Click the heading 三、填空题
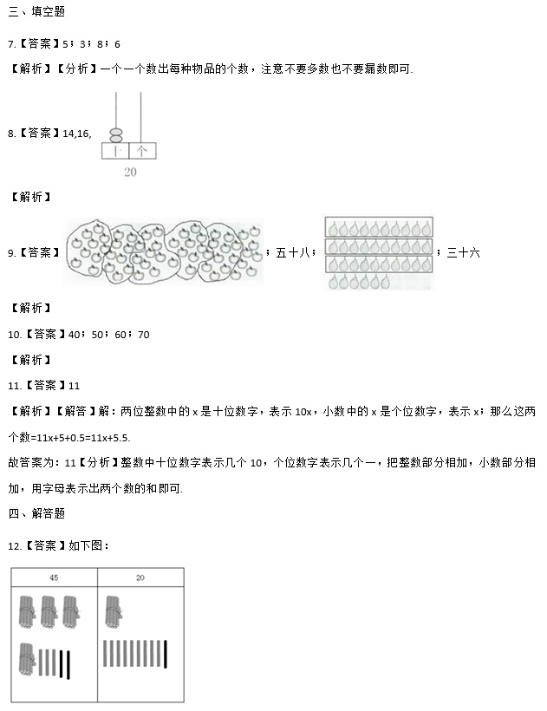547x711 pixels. [x=36, y=11]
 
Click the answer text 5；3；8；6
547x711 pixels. [x=92, y=44]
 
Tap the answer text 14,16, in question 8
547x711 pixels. [x=77, y=134]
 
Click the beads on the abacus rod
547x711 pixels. [x=116, y=134]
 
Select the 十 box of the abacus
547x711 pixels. [x=115, y=151]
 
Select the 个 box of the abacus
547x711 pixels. [x=143, y=151]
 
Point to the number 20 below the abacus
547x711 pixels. [x=130, y=172]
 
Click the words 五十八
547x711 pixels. [x=293, y=252]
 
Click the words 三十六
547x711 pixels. [x=463, y=252]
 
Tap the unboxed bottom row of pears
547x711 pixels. [x=359, y=282]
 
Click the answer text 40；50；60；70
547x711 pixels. [x=108, y=335]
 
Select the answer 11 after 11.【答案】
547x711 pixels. [x=74, y=386]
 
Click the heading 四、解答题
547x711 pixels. [x=36, y=514]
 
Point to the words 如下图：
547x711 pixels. [x=88, y=545]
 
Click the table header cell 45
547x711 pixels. [x=54, y=577]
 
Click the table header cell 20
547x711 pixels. [x=140, y=577]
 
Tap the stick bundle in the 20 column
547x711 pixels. [x=114, y=611]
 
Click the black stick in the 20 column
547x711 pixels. [x=166, y=654]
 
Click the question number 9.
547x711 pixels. [x=12, y=253]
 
